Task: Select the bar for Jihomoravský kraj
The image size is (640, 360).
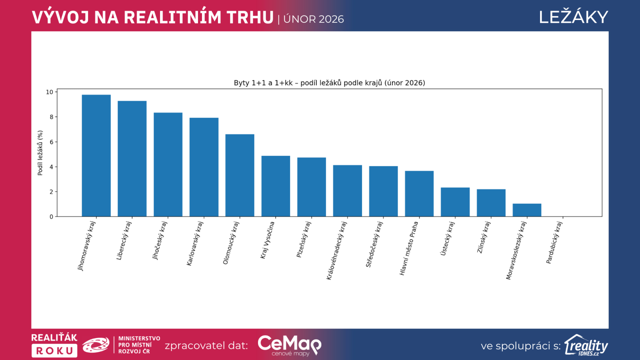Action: [x=96, y=156]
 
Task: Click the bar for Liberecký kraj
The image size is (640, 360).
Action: [x=132, y=159]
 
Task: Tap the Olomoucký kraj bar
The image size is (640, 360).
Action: [x=240, y=176]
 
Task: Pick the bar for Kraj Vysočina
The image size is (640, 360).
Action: [x=276, y=186]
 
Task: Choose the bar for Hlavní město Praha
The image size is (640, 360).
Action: [x=419, y=194]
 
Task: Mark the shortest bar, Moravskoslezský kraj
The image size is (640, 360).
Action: [x=527, y=210]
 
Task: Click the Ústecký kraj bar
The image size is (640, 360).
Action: [x=455, y=202]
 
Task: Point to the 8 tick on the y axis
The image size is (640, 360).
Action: [x=51, y=117]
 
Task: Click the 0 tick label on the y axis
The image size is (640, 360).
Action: [x=51, y=217]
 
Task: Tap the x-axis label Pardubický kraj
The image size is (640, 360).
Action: [x=554, y=242]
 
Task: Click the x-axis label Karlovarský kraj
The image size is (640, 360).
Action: [x=195, y=243]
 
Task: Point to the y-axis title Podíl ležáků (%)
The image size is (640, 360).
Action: [x=40, y=153]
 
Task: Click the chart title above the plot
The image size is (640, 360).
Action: [x=329, y=83]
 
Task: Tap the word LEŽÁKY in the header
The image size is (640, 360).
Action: [x=573, y=17]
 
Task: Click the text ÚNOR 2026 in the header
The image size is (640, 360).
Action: [x=314, y=19]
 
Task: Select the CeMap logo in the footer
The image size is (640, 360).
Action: [x=289, y=345]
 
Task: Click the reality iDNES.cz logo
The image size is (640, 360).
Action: [x=586, y=345]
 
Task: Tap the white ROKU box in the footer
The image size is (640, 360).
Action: [x=54, y=351]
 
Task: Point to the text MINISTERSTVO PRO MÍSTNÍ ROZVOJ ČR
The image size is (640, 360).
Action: [x=139, y=345]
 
